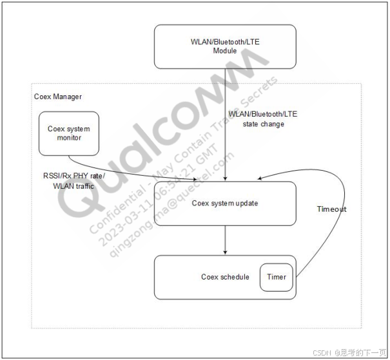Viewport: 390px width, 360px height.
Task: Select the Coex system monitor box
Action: click(x=69, y=133)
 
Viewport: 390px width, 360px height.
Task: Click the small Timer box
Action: click(x=276, y=277)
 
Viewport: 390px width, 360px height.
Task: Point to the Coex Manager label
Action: click(x=57, y=97)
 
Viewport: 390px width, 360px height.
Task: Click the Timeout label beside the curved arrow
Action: click(x=332, y=209)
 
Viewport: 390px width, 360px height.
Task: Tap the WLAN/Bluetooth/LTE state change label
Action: click(x=262, y=119)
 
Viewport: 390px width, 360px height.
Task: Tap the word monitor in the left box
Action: click(x=69, y=138)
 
